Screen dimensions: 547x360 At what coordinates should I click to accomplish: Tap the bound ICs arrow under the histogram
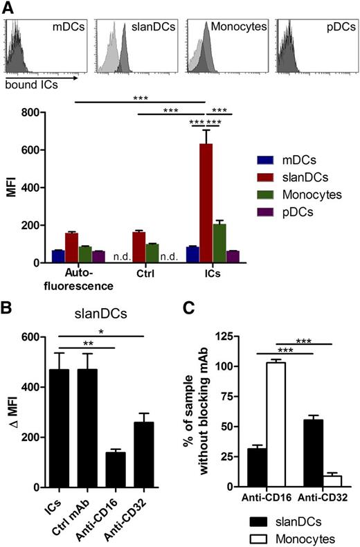(31, 78)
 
